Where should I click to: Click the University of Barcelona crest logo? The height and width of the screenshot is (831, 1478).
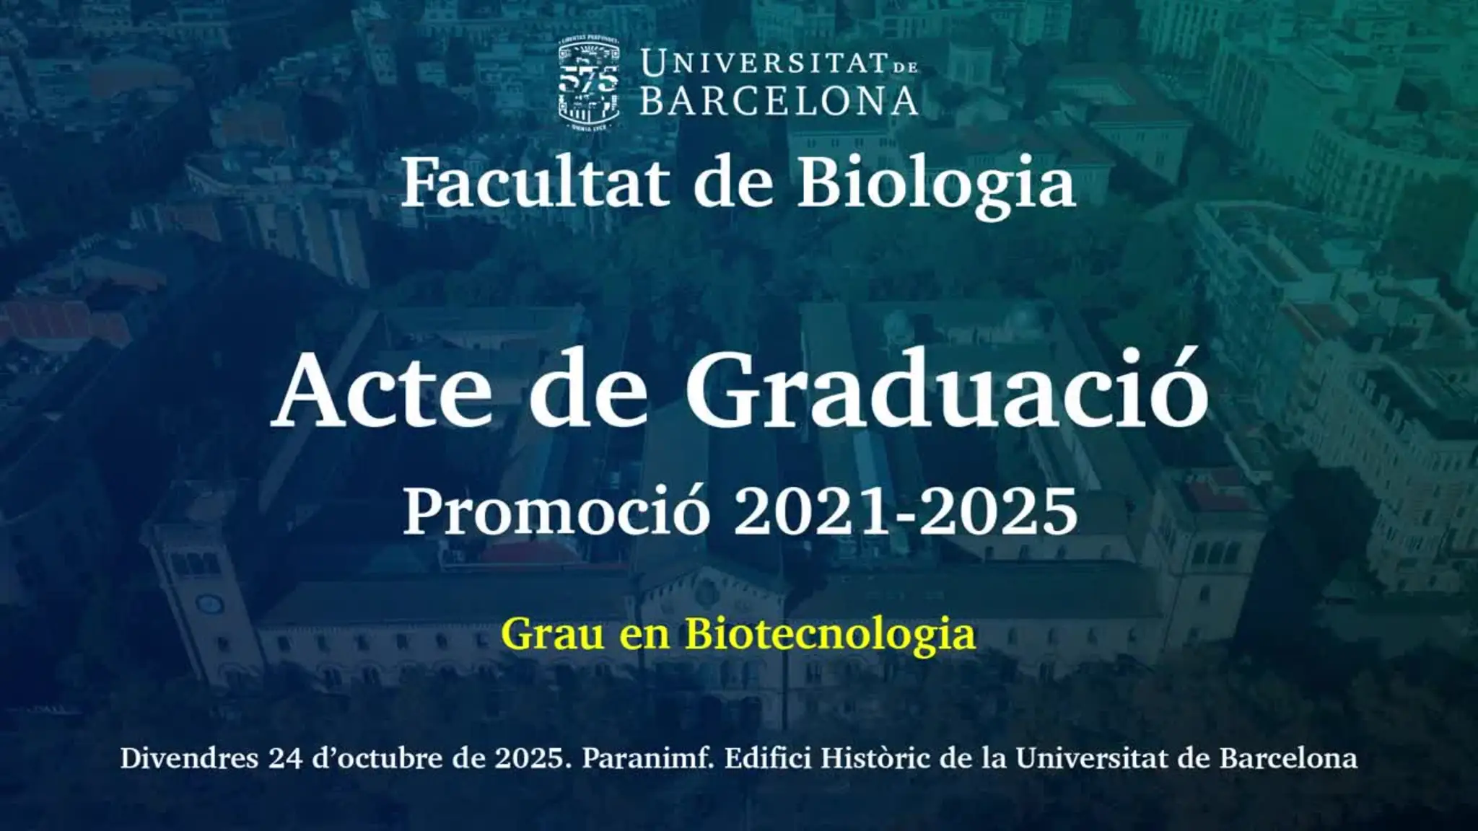pyautogui.click(x=589, y=84)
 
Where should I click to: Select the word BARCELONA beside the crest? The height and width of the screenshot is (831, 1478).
pyautogui.click(x=779, y=101)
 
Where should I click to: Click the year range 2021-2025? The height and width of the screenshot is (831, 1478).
pyautogui.click(x=905, y=511)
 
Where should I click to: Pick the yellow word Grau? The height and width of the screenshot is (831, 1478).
pyautogui.click(x=553, y=634)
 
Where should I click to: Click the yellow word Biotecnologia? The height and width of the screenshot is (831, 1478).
pyautogui.click(x=830, y=635)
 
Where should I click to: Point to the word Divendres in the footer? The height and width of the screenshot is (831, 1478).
pyautogui.click(x=189, y=759)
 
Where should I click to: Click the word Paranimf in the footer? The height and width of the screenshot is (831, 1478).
pyautogui.click(x=647, y=759)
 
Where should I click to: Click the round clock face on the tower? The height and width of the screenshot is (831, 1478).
pyautogui.click(x=209, y=602)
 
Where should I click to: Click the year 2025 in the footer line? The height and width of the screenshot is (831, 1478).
pyautogui.click(x=533, y=759)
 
